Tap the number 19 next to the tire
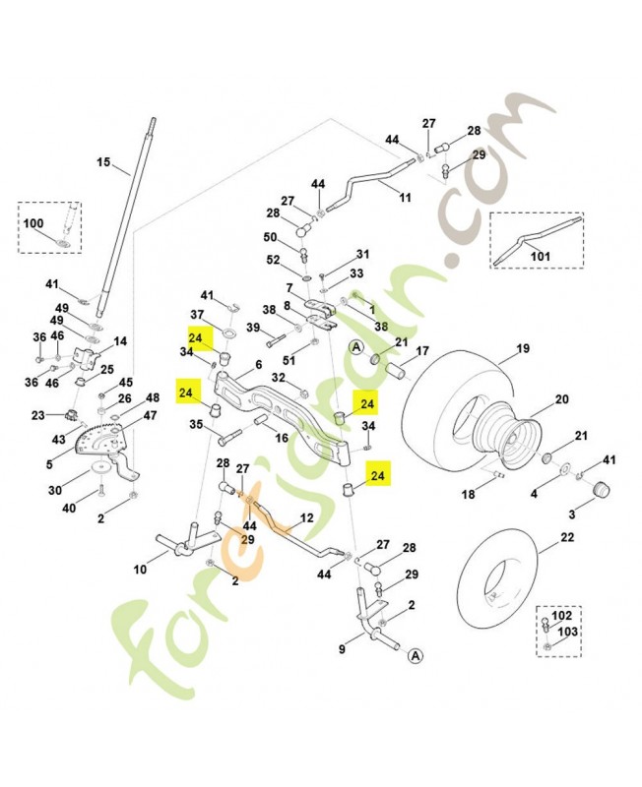(x=521, y=348)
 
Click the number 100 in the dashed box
(x=32, y=224)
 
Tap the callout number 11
(x=405, y=198)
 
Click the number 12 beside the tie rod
(x=306, y=517)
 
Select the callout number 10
(x=140, y=570)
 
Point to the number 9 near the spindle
(x=342, y=649)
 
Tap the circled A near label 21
(x=355, y=347)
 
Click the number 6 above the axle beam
(x=258, y=364)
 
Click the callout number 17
(x=422, y=351)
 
